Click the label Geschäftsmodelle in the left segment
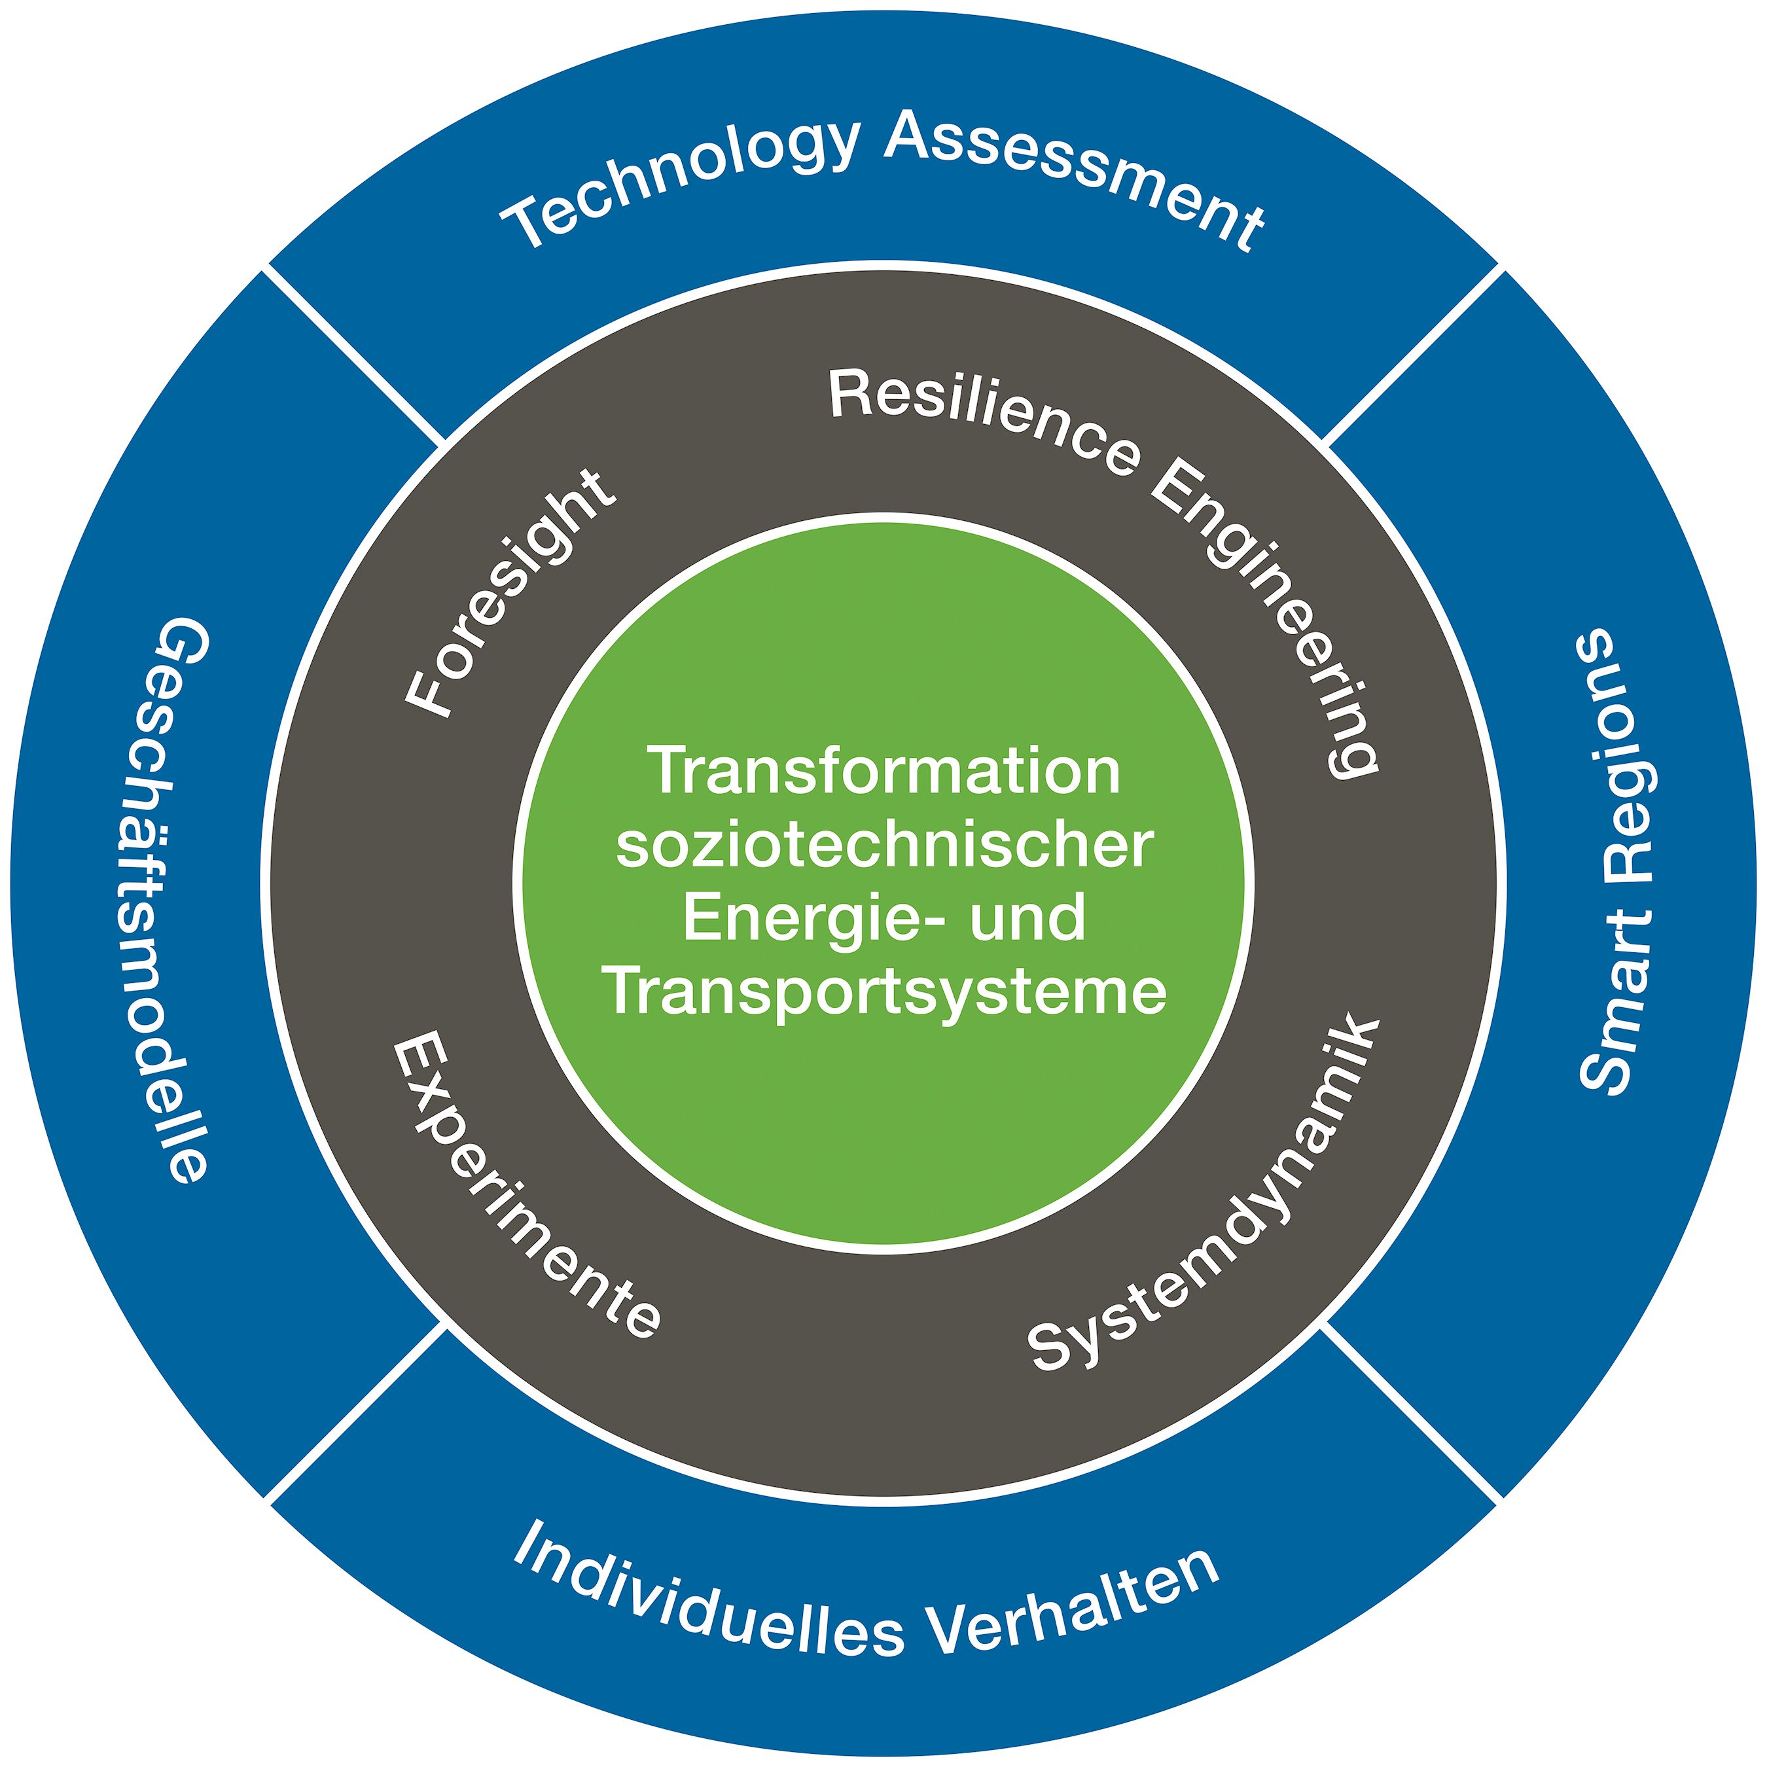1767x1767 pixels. [183, 901]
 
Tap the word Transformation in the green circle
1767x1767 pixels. [884, 770]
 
